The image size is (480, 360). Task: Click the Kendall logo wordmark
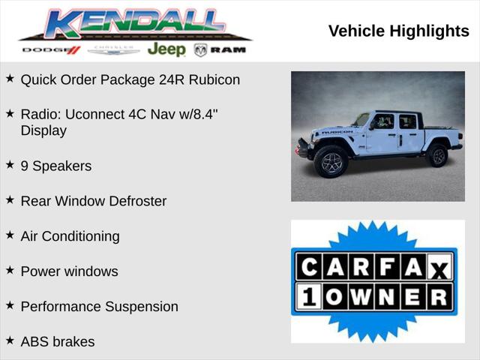135,24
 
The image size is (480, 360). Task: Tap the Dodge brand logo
51,50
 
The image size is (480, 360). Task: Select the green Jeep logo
166,49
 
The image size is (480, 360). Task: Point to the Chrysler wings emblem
113,50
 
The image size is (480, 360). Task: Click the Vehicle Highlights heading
398,31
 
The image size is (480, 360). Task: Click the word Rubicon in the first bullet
214,79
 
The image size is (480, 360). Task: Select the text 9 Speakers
56,166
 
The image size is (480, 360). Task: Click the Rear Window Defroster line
94,201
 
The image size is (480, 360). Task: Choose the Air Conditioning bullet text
70,236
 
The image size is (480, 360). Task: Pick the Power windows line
69,271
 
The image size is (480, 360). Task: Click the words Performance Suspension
99,307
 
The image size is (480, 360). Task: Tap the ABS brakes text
58,342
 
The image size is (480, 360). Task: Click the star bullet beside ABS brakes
10,340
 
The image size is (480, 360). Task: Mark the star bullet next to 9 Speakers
10,164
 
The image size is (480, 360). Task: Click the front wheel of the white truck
331,162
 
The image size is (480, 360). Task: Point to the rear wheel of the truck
436,155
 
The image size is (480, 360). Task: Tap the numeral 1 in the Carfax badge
307,296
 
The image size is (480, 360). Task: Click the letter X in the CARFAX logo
439,268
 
